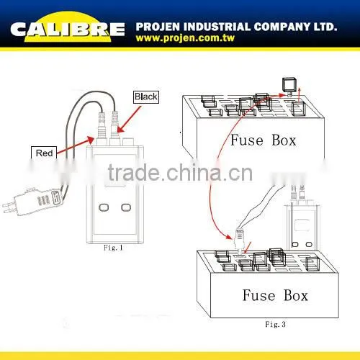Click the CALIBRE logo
(68, 28)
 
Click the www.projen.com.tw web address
(185, 38)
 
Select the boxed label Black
(146, 96)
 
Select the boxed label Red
(44, 153)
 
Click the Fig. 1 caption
(113, 248)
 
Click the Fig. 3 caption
(275, 324)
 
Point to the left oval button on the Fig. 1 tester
(104, 207)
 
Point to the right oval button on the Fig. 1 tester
(126, 207)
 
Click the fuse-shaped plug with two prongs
(34, 199)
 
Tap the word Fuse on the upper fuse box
(247, 140)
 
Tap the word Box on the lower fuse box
(296, 295)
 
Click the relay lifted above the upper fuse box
(289, 86)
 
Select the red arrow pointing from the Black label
(130, 119)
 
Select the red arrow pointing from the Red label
(76, 145)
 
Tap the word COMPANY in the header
(282, 27)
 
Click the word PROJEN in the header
(158, 27)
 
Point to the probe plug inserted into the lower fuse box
(240, 240)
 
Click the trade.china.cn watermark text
(180, 172)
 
